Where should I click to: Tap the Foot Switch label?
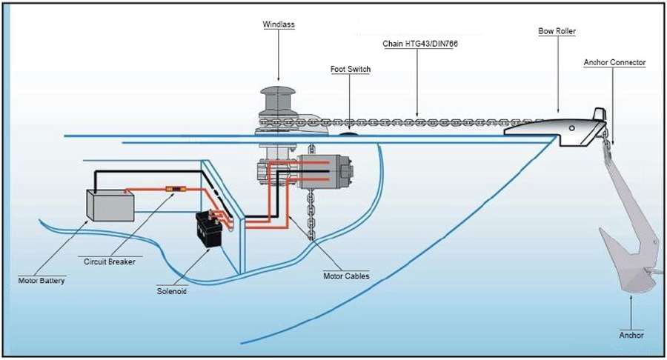tap(350, 69)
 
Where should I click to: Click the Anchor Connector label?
tap(614, 63)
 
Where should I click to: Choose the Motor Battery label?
tap(42, 281)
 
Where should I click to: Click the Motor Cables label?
tap(346, 276)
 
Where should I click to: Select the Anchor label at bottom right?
tap(631, 336)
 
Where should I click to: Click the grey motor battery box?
tap(110, 204)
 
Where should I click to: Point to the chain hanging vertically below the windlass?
tap(311, 215)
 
